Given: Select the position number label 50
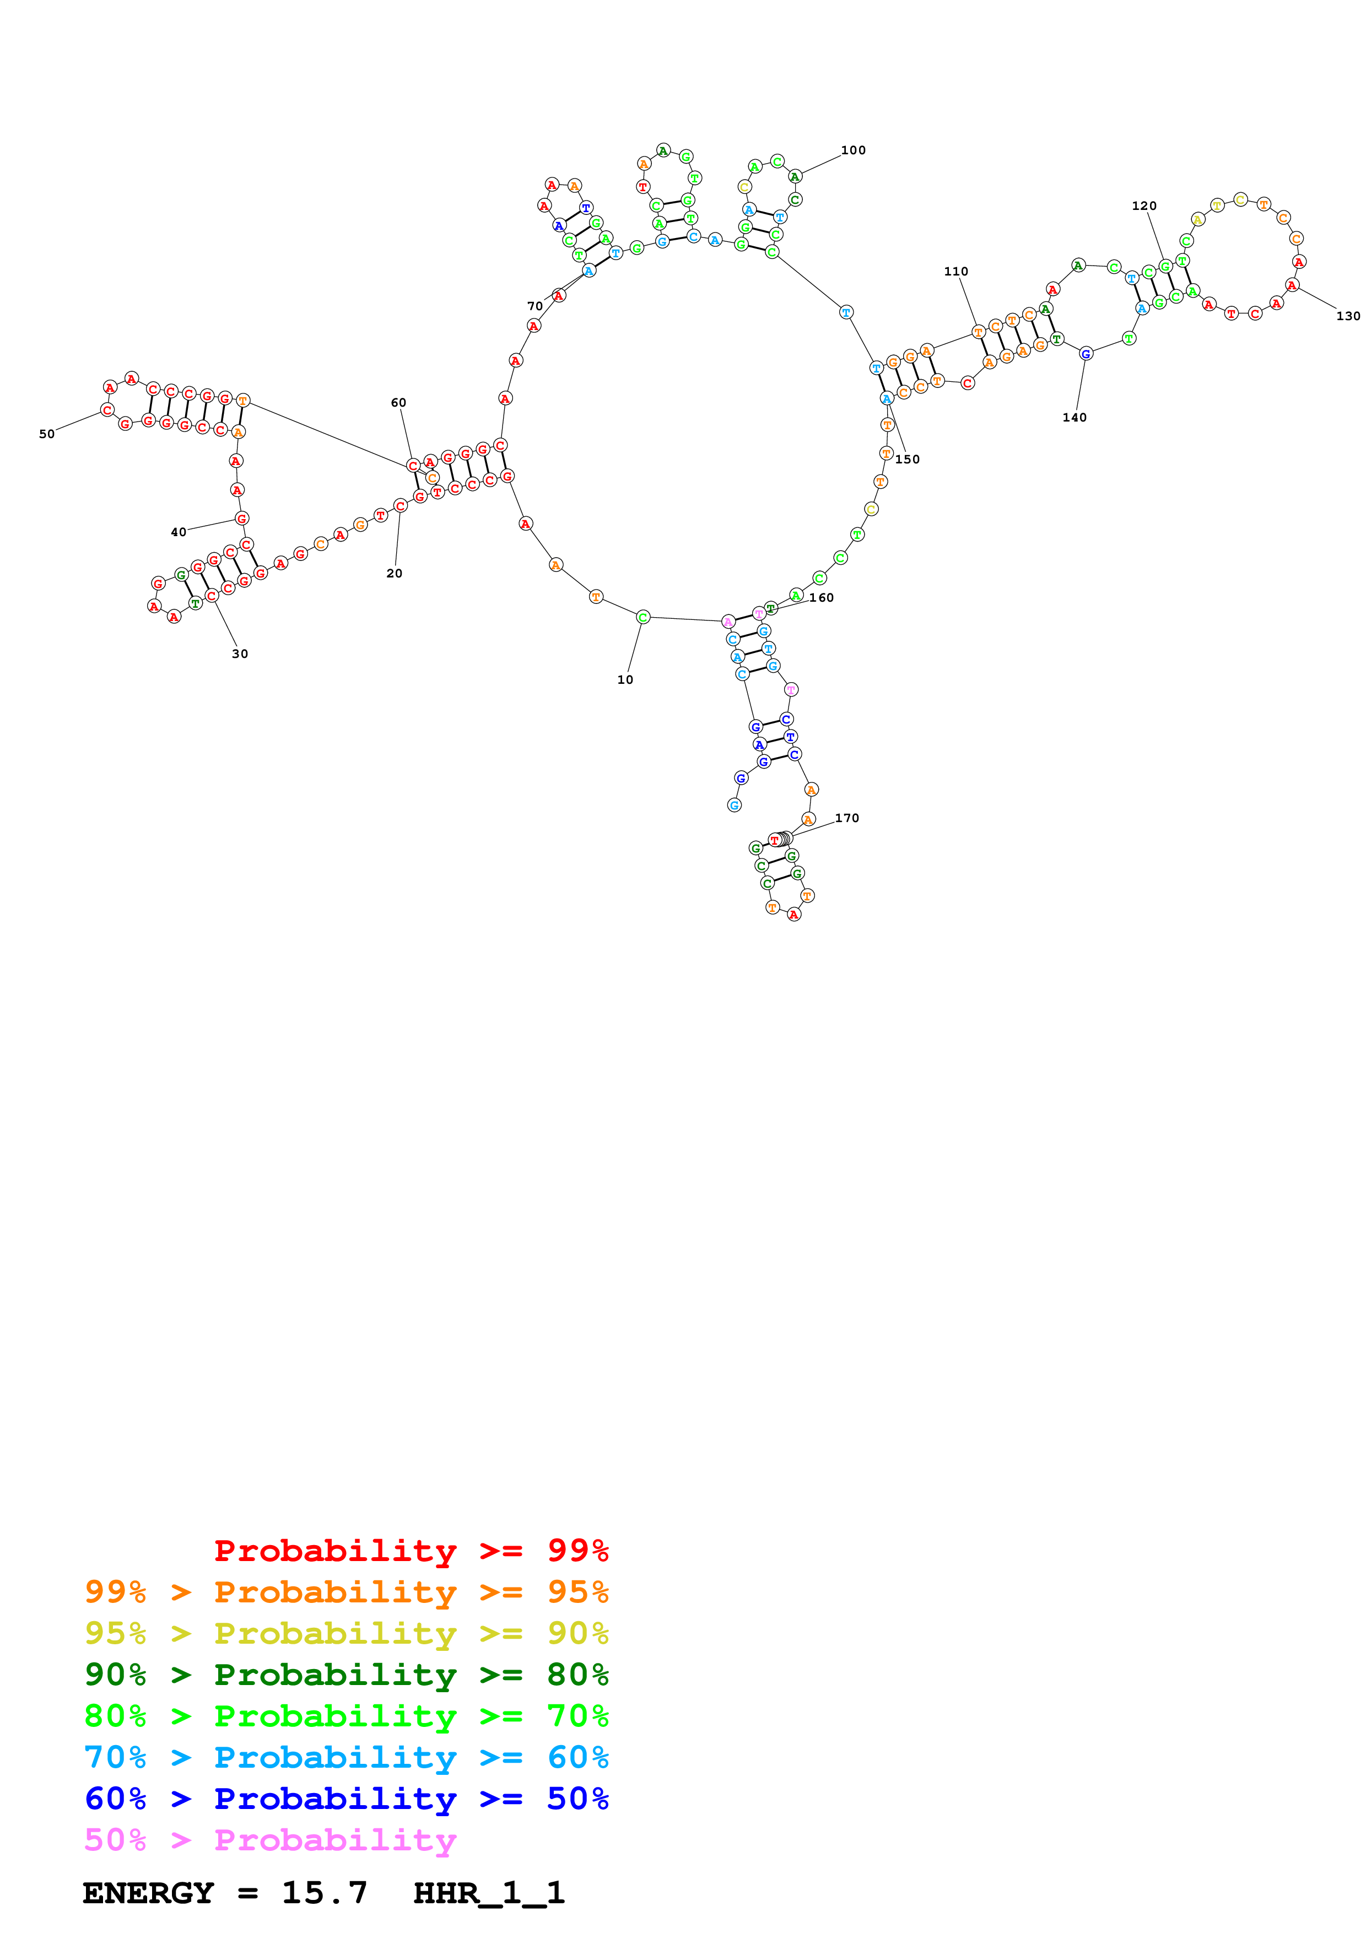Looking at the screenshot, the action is pos(47,434).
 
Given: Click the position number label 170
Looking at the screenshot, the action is pos(847,818).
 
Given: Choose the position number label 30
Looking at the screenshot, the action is pos(240,654).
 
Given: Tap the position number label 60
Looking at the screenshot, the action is pos(398,402).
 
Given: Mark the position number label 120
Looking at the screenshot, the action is pos(1144,206).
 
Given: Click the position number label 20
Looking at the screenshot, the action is pos(394,573).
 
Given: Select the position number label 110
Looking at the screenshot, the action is pos(955,271).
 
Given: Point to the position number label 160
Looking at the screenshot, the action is pos(822,598).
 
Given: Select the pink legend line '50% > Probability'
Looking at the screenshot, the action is pos(269,1839).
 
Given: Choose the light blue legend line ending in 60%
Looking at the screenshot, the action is pos(346,1757).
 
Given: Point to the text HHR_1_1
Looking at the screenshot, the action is pos(488,1893).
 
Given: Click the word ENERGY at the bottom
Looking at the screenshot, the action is pos(148,1893).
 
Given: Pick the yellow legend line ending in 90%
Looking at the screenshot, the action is pos(346,1633).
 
